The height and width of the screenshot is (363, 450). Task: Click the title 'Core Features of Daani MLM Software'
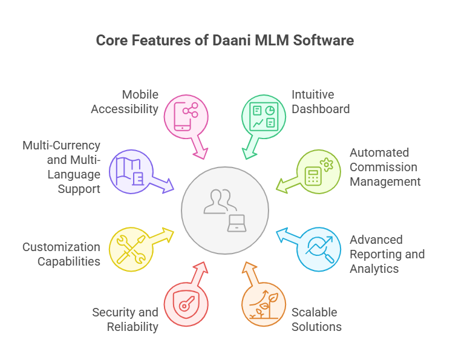[x=225, y=41]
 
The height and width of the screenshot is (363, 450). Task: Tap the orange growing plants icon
[x=264, y=305]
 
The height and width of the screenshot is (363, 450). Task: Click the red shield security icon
[x=186, y=305]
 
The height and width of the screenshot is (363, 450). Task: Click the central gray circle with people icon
[x=225, y=209]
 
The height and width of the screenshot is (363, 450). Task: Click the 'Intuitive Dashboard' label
[x=321, y=102]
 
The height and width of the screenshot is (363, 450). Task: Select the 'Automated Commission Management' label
[x=384, y=167]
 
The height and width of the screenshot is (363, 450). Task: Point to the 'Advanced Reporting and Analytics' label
[x=387, y=254]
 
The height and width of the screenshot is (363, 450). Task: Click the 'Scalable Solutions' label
[x=316, y=319]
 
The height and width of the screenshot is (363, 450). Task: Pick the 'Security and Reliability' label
[x=125, y=319]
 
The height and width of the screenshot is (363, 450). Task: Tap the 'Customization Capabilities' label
[x=61, y=254]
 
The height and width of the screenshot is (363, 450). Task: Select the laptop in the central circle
[x=237, y=223]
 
